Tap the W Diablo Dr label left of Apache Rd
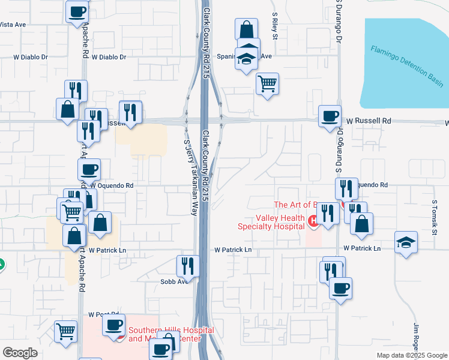click(x=31, y=57)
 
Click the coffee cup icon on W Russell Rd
click(x=329, y=116)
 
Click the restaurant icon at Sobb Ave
click(x=188, y=266)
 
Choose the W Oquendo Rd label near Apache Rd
click(x=110, y=186)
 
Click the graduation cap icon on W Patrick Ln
click(x=406, y=243)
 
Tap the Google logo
click(x=20, y=353)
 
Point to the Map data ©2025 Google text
click(x=411, y=355)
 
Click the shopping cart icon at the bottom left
click(x=65, y=330)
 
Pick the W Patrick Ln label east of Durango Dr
click(x=362, y=248)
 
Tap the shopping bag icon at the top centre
click(x=246, y=29)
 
